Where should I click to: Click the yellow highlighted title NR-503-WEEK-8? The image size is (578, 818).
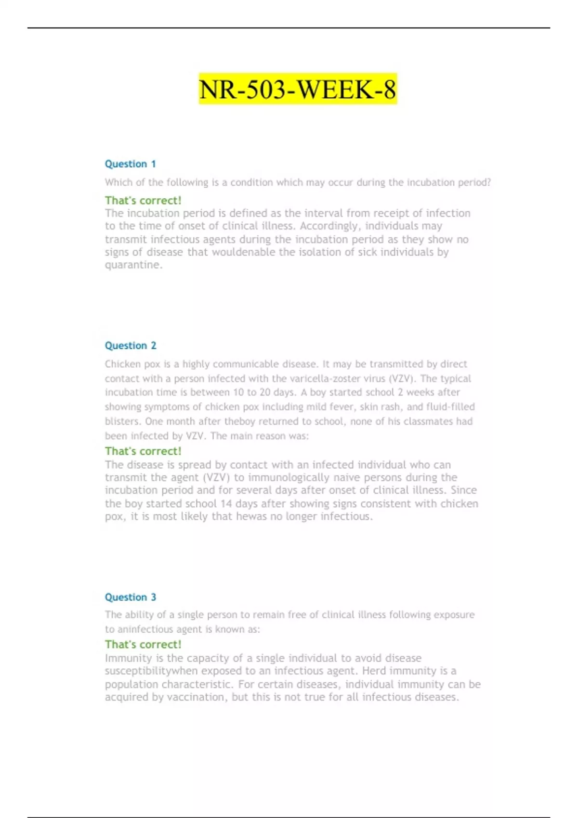(x=298, y=89)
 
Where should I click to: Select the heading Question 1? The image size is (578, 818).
(x=130, y=164)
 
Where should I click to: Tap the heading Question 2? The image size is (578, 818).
(x=131, y=345)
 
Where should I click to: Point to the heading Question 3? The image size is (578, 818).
(x=131, y=597)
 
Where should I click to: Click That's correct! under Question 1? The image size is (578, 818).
(x=143, y=200)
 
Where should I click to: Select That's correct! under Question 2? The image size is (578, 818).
(x=143, y=451)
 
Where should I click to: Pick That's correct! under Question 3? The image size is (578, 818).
(x=143, y=644)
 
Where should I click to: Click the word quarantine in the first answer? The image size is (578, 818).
(x=132, y=265)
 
